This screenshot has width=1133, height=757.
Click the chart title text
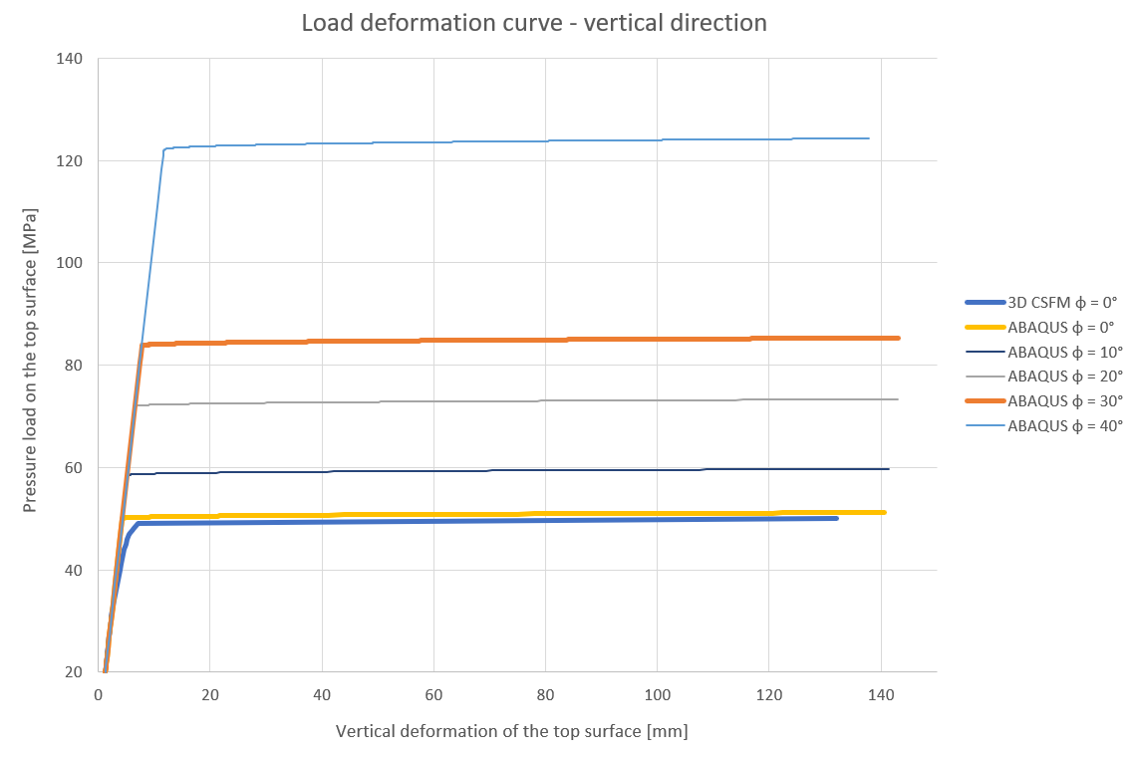[534, 23]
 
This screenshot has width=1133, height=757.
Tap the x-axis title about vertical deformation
[511, 731]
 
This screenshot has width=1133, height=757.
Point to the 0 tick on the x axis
[99, 693]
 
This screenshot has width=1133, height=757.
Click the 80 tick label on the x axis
[545, 693]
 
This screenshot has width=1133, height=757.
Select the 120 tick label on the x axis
[768, 693]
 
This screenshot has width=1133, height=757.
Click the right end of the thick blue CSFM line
[835, 518]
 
